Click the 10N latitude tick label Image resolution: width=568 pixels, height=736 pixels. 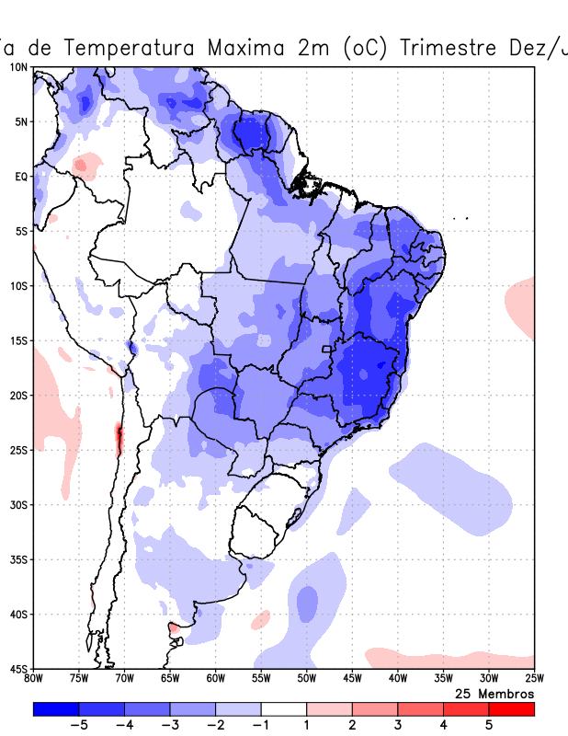(19, 67)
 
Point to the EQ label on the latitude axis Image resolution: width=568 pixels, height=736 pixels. (21, 176)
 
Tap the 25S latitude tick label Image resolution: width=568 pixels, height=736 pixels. (19, 450)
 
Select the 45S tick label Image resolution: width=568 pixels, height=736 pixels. (19, 668)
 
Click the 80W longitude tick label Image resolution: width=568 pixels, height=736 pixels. (33, 679)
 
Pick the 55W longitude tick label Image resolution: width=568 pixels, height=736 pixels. (261, 679)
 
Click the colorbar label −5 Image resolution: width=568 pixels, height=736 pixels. (77, 726)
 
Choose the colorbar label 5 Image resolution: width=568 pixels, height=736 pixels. (489, 726)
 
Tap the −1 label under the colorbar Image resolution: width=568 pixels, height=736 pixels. (260, 726)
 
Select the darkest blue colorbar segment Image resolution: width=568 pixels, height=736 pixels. (55, 708)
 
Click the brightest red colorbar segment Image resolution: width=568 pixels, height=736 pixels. (511, 708)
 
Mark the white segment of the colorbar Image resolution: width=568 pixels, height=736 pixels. (283, 708)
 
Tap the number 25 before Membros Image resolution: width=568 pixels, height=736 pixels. (464, 693)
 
